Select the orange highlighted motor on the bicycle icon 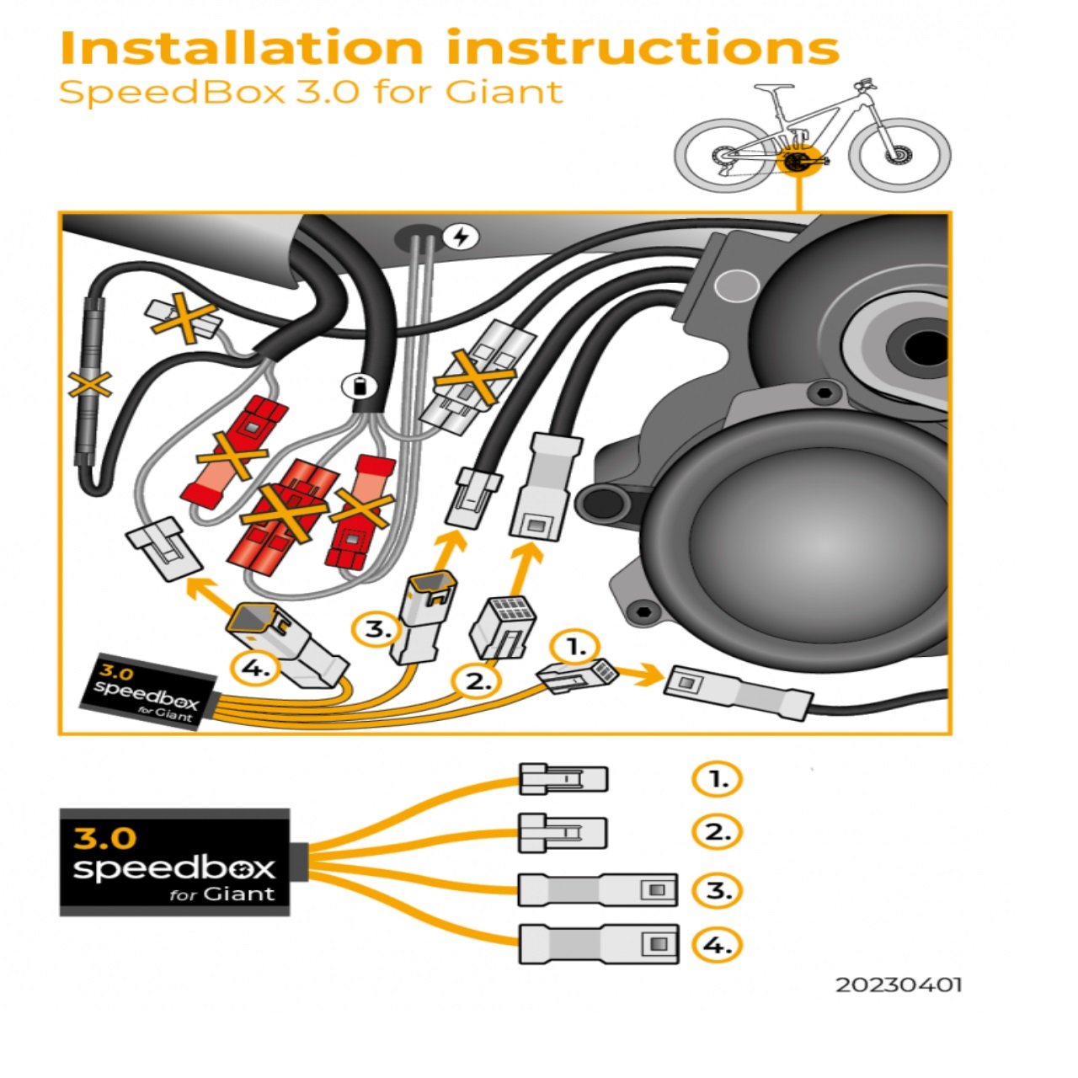794,160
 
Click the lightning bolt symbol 460,237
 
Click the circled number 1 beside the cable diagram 575,648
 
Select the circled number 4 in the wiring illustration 253,670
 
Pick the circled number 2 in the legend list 717,833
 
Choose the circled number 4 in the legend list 717,945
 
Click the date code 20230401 898,985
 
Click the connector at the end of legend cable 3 597,890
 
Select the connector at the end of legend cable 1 563,779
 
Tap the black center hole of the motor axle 926,346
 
